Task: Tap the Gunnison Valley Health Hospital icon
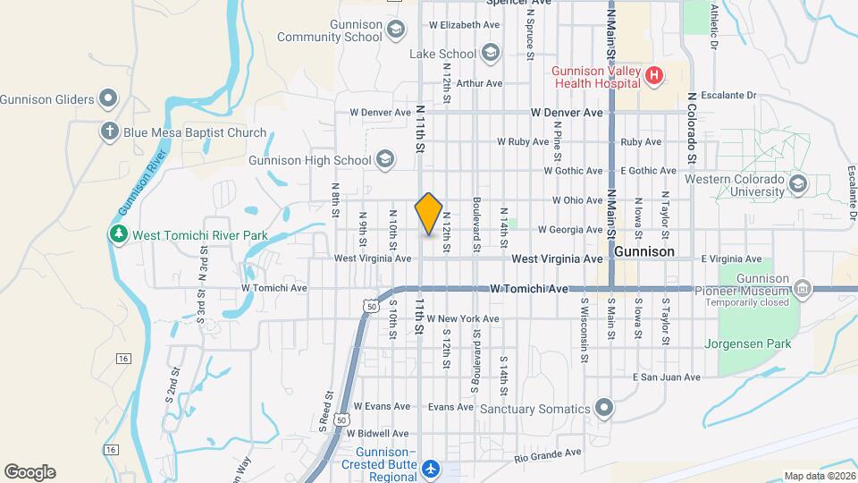653,76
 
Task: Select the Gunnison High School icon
385,160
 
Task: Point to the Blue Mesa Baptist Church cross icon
109,132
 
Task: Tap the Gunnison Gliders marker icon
109,98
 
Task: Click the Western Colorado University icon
798,185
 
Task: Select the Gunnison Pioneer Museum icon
803,289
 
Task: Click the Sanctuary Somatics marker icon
604,409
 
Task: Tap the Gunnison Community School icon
398,30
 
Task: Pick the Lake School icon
490,54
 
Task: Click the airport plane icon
432,468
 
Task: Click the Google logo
29,471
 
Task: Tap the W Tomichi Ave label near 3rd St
274,288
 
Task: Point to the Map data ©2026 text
819,476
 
